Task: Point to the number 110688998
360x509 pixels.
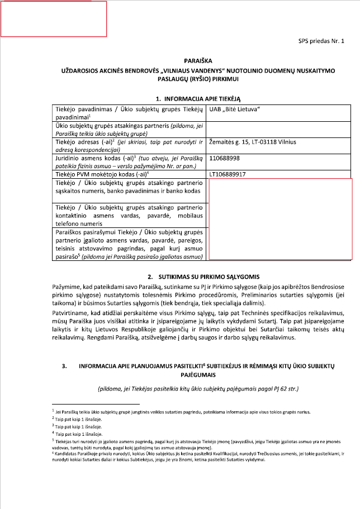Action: click(224, 158)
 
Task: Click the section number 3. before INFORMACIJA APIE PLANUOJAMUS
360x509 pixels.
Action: click(65, 365)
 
